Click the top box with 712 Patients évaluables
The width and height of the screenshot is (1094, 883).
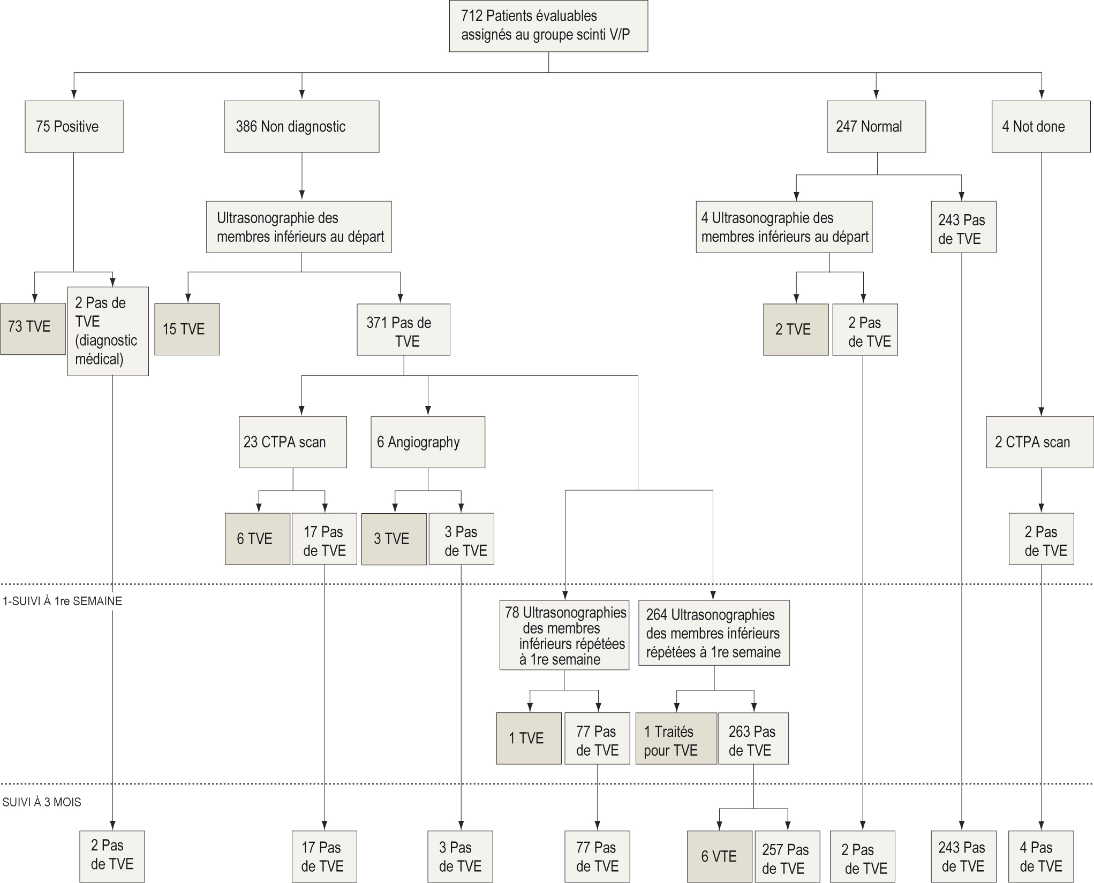click(548, 26)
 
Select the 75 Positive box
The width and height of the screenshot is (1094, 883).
click(74, 126)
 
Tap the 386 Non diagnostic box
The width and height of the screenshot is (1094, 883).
click(301, 126)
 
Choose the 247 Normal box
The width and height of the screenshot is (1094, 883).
click(876, 126)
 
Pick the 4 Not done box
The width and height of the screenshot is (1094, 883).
click(1040, 126)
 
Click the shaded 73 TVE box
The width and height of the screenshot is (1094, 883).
click(33, 328)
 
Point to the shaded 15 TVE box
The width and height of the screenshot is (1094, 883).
click(187, 329)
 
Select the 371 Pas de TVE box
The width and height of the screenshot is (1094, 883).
click(403, 330)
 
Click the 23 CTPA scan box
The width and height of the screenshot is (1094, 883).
click(292, 442)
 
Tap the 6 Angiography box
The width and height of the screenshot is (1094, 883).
click(428, 442)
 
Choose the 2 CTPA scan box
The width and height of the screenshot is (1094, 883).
click(1039, 442)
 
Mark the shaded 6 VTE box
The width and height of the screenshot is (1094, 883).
click(719, 856)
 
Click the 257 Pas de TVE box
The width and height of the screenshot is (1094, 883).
click(787, 856)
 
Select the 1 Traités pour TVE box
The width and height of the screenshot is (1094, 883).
click(676, 738)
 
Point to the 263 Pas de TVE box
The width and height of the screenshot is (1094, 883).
click(753, 738)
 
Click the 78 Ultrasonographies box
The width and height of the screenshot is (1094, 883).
click(564, 635)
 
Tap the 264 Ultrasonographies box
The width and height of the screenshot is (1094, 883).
click(714, 633)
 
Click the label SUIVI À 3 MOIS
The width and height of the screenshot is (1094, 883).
click(42, 802)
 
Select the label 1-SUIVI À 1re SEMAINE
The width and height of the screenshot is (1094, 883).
click(62, 601)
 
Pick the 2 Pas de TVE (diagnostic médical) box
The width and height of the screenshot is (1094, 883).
click(108, 331)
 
